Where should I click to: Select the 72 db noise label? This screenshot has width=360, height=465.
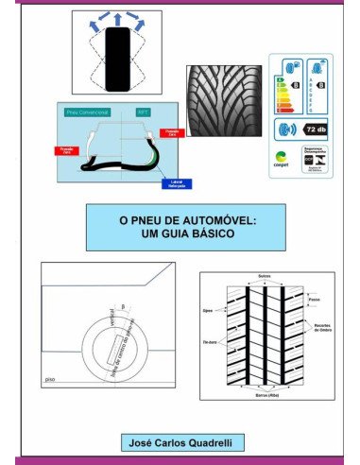(315, 128)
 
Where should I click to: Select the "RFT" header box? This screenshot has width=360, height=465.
(144, 112)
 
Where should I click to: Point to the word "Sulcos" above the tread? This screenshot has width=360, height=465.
(265, 276)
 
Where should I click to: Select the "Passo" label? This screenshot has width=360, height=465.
(313, 300)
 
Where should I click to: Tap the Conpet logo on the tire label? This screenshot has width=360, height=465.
(281, 159)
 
